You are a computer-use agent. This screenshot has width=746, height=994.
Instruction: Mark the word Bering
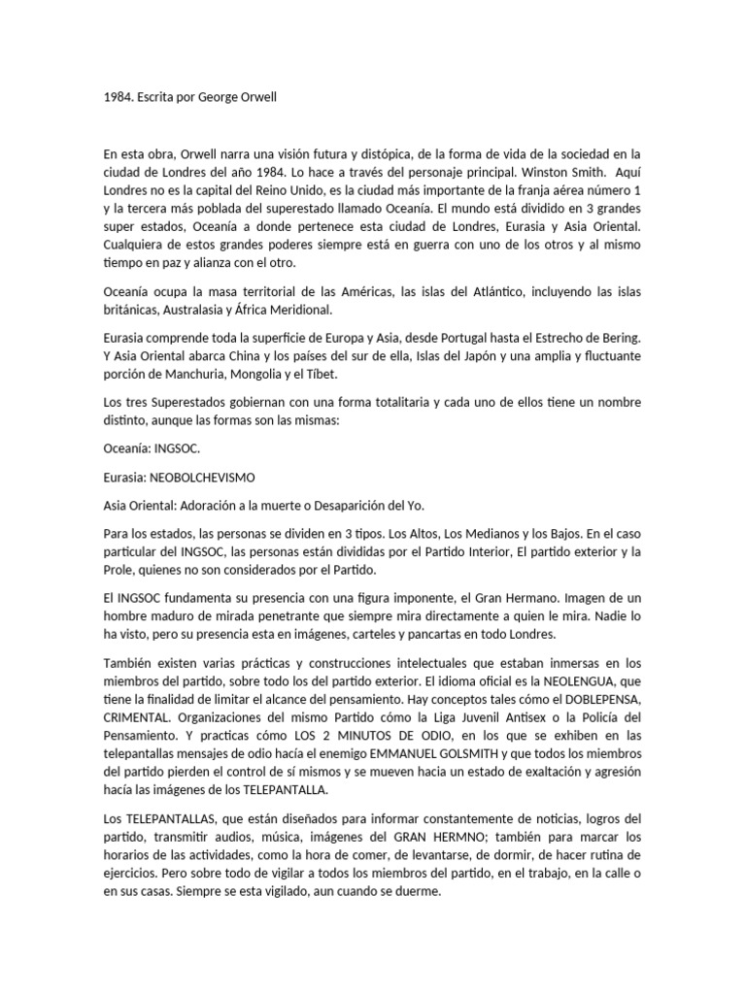tap(619, 338)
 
